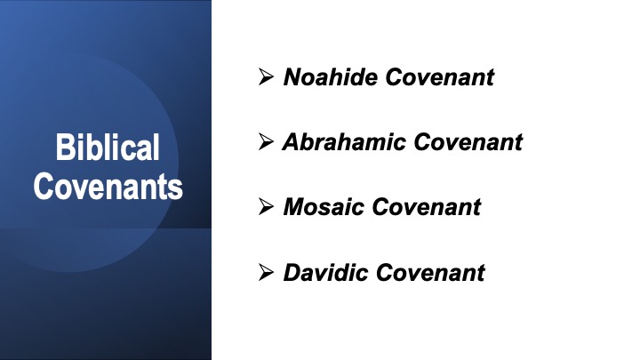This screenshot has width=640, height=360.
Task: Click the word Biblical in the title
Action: click(x=108, y=147)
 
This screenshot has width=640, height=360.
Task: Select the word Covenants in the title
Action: click(x=108, y=186)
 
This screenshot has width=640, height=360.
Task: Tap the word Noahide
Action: click(x=331, y=76)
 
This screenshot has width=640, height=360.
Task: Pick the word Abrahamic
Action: click(x=344, y=141)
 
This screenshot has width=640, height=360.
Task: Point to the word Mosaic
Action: click(x=324, y=206)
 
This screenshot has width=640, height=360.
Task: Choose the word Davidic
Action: click(x=325, y=272)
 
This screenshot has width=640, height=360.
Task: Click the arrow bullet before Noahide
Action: click(x=266, y=76)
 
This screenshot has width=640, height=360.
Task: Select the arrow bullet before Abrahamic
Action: click(x=266, y=141)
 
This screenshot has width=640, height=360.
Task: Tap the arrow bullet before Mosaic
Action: click(x=266, y=206)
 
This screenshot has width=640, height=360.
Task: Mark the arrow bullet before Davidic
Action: click(x=266, y=272)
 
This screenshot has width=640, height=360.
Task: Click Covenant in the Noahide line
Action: click(x=440, y=76)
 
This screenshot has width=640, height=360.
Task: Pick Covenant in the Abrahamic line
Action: click(x=468, y=141)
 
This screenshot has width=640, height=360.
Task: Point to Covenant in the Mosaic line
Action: click(x=427, y=206)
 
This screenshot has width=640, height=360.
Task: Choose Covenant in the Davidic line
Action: click(x=430, y=272)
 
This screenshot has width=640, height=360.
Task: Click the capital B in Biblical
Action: click(x=65, y=147)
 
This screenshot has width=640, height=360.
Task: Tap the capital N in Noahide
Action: click(x=294, y=76)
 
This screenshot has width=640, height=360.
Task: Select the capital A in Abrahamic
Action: click(x=292, y=141)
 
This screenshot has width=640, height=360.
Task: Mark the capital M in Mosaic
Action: click(x=296, y=206)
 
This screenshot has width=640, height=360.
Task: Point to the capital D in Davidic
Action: click(x=293, y=272)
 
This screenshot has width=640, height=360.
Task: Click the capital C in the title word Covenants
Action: click(x=44, y=186)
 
